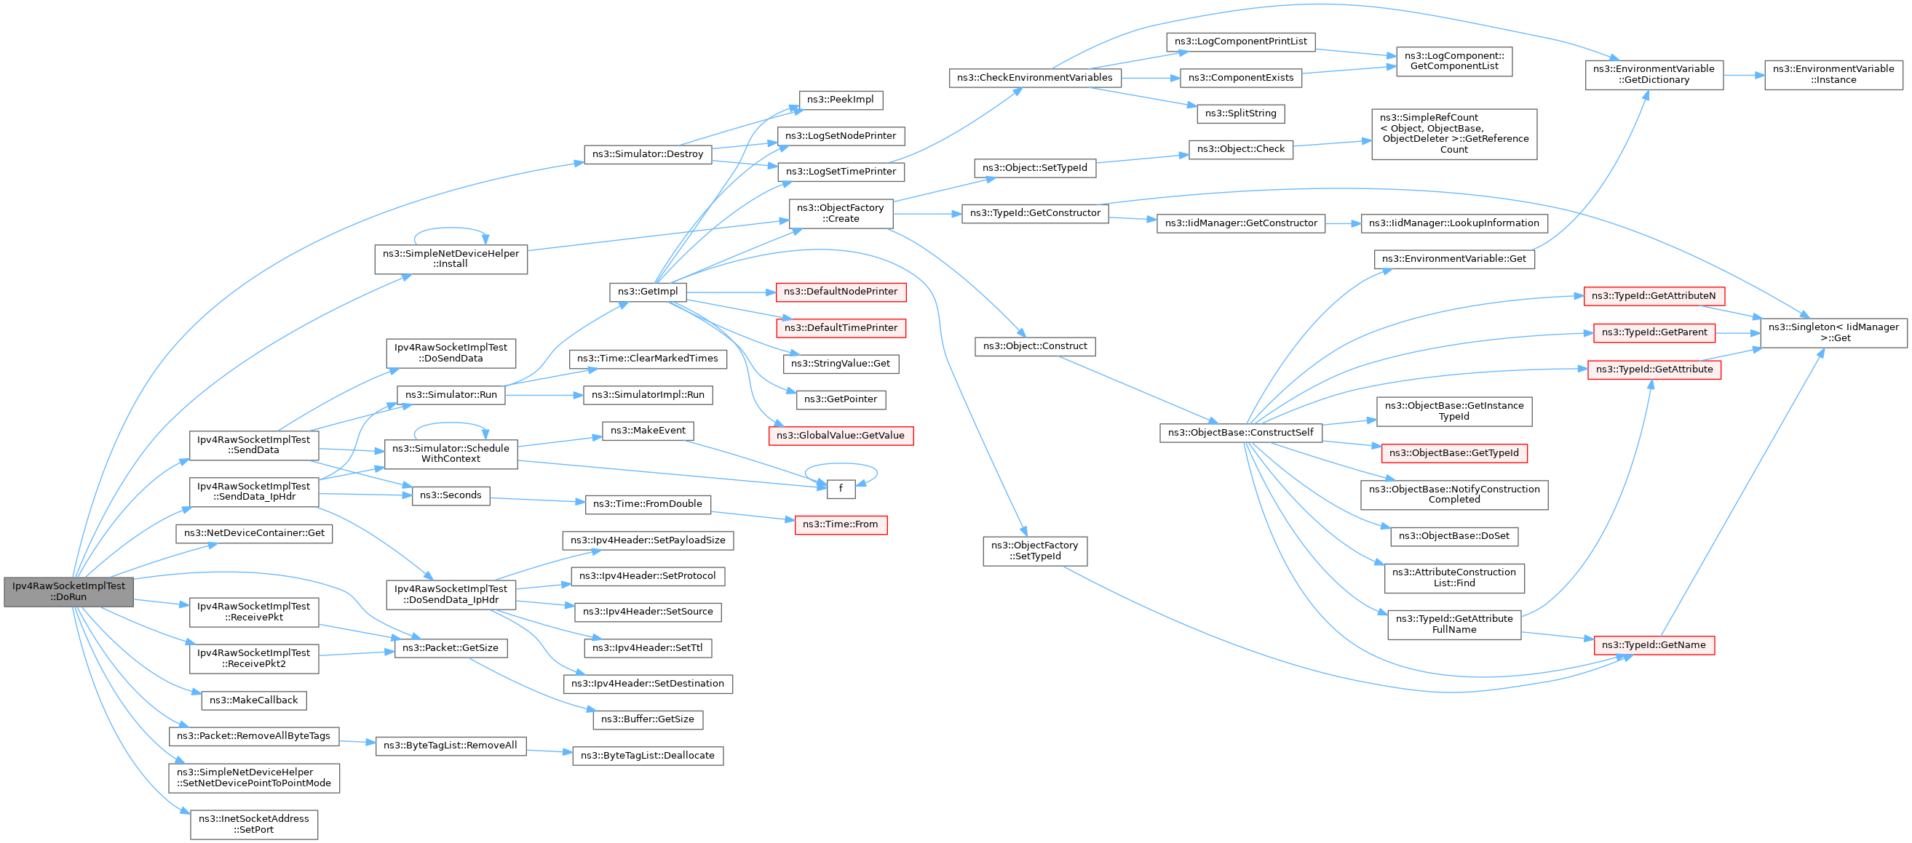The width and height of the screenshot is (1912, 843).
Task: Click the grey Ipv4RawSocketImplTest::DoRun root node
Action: tap(68, 591)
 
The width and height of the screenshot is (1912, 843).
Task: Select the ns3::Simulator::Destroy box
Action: tap(647, 154)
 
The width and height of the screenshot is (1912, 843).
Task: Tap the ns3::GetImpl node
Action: tap(647, 292)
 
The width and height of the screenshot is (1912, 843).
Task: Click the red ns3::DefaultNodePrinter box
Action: tap(840, 292)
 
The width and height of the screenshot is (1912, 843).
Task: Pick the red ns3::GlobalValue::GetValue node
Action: tap(840, 436)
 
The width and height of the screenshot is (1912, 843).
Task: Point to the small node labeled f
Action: tap(840, 488)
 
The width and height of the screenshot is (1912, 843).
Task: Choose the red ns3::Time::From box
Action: tap(840, 524)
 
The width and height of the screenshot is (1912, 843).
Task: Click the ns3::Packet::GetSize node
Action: tap(451, 648)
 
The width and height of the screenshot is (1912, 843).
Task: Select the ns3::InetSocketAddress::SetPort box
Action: tap(254, 824)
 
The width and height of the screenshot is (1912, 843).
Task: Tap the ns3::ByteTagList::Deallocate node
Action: tap(647, 756)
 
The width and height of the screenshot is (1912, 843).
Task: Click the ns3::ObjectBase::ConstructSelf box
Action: tap(1240, 433)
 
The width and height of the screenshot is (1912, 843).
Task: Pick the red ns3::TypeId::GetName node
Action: tap(1654, 645)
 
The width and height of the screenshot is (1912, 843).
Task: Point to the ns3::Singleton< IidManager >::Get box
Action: tap(1833, 332)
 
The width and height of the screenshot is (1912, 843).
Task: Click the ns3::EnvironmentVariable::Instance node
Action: tap(1833, 75)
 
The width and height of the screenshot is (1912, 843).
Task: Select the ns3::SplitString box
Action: tap(1240, 113)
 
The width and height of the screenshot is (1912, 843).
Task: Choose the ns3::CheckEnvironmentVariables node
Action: tap(1035, 78)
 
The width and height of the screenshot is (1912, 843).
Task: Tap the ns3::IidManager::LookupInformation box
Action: tap(1453, 223)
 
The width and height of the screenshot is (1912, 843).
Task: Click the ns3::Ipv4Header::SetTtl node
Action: tap(647, 648)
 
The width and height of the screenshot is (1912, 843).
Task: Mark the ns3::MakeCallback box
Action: tap(254, 700)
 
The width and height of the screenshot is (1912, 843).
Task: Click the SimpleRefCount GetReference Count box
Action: tap(1453, 134)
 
